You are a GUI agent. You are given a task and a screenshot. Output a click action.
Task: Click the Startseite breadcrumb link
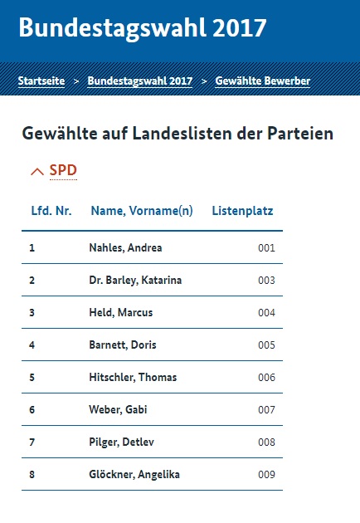(x=41, y=81)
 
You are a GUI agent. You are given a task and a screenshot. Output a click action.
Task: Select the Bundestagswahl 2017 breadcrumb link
(x=140, y=81)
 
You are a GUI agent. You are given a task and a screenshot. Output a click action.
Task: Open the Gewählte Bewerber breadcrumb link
(x=263, y=81)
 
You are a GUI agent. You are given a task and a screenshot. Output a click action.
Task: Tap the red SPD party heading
(x=63, y=170)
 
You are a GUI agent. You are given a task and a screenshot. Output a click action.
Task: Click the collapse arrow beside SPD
(x=37, y=172)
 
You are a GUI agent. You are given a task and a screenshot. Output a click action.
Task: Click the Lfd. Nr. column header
(x=51, y=211)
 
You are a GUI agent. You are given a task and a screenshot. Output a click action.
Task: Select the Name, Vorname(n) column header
(x=142, y=211)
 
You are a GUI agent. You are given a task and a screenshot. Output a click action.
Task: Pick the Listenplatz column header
(x=243, y=211)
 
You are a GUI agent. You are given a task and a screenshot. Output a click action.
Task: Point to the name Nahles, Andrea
(x=125, y=248)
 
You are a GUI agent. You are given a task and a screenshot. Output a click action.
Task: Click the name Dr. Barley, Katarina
(x=135, y=281)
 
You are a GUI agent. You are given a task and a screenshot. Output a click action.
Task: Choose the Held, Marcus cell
(x=121, y=312)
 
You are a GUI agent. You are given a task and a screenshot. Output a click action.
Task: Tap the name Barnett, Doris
(x=123, y=345)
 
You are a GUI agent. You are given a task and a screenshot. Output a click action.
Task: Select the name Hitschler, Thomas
(x=133, y=377)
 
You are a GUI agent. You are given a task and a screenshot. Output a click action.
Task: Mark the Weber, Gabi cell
(x=118, y=409)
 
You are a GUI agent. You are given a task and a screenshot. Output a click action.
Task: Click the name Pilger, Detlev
(x=122, y=442)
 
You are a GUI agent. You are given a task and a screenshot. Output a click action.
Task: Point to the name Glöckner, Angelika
(x=134, y=474)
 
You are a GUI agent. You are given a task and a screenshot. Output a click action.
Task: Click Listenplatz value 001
(x=266, y=248)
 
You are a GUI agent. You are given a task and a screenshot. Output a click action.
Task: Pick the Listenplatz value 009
(x=266, y=475)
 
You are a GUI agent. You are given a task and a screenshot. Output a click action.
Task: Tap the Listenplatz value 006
(x=266, y=378)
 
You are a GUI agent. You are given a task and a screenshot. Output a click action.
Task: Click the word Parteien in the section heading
(x=300, y=134)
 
